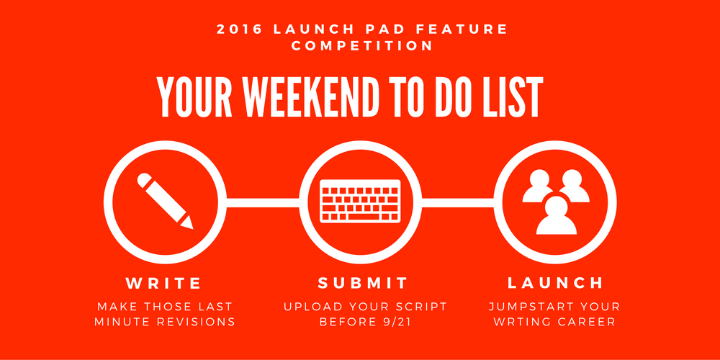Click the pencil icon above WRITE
(x=165, y=201)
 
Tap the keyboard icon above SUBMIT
(x=360, y=201)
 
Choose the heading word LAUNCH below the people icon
(x=555, y=282)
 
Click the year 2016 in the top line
(x=239, y=29)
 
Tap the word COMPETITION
(x=361, y=45)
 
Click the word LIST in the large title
(x=516, y=96)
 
